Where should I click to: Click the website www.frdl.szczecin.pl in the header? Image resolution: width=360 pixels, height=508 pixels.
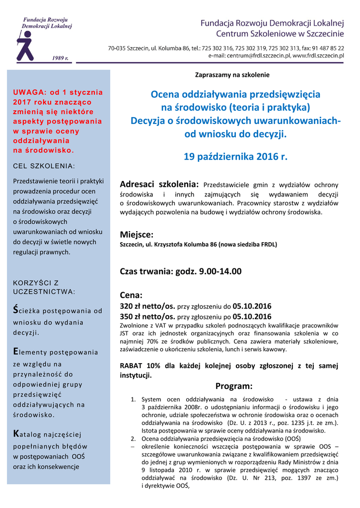(318, 56)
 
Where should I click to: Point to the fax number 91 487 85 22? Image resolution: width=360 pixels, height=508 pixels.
(326, 48)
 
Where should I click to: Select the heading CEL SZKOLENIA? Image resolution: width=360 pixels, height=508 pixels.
(44, 165)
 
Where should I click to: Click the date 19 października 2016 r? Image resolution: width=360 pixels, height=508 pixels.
(235, 157)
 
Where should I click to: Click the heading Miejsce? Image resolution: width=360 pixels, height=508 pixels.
(137, 234)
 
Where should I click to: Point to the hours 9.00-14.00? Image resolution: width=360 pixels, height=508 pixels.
(220, 271)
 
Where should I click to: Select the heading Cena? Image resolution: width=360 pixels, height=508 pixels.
(131, 295)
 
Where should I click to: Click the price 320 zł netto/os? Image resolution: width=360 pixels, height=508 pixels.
(147, 306)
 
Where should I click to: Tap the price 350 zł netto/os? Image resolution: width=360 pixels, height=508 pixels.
(147, 317)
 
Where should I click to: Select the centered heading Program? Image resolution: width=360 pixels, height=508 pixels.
(234, 386)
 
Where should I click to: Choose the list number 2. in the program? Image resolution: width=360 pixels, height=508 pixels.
(133, 439)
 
